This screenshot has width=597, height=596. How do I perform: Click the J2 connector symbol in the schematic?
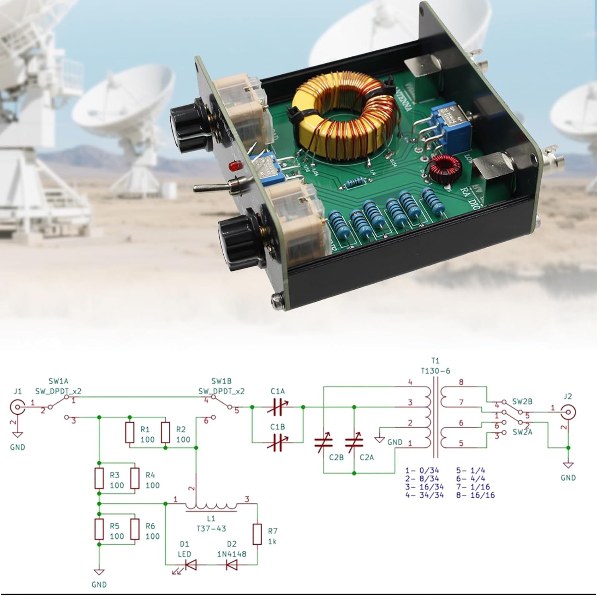pyautogui.click(x=568, y=412)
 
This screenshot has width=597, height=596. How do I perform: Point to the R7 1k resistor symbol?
pyautogui.click(x=258, y=534)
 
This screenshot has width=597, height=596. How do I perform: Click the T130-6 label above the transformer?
pyautogui.click(x=435, y=371)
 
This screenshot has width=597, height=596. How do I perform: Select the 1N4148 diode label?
pyautogui.click(x=232, y=554)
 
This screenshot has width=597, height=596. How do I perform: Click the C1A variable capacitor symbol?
pyautogui.click(x=277, y=407)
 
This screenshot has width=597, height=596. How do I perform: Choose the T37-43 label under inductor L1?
pyautogui.click(x=211, y=528)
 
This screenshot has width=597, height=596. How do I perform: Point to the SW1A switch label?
pyautogui.click(x=59, y=381)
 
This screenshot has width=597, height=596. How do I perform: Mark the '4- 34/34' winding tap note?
pyautogui.click(x=424, y=495)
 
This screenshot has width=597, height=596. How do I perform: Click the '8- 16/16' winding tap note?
pyautogui.click(x=475, y=495)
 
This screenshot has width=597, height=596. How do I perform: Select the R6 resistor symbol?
pyautogui.click(x=135, y=529)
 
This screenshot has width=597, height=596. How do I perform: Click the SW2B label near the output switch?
pyautogui.click(x=522, y=401)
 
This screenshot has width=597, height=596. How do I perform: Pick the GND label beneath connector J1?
pyautogui.click(x=18, y=447)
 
